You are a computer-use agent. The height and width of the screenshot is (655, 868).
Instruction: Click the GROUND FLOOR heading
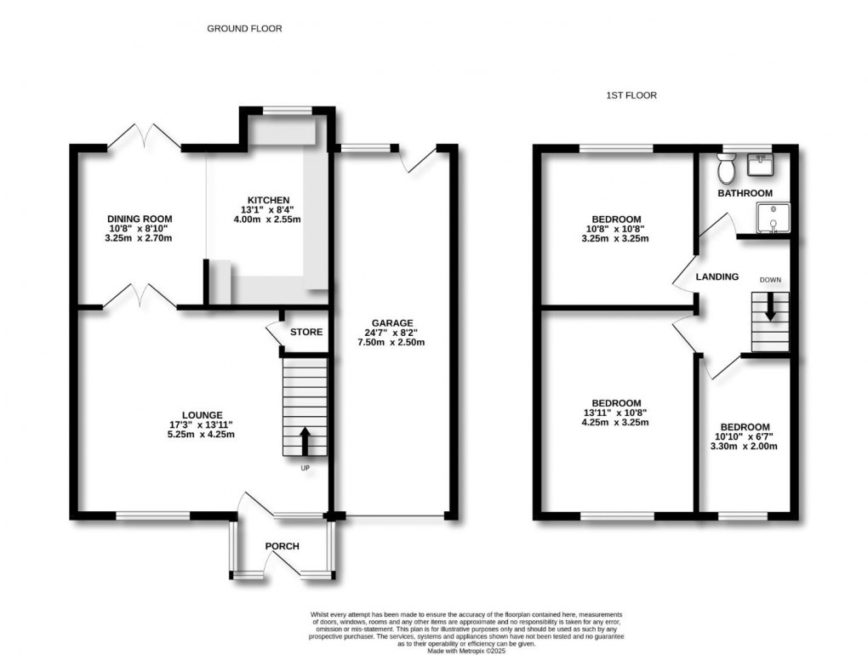pyautogui.click(x=244, y=28)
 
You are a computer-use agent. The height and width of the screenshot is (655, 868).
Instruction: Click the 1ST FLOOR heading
pyautogui.click(x=631, y=95)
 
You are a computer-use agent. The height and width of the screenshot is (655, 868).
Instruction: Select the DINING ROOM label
pyautogui.click(x=140, y=219)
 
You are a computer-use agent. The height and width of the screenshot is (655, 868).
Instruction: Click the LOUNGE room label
pyautogui.click(x=201, y=414)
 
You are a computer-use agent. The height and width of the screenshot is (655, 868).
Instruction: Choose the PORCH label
pyautogui.click(x=283, y=545)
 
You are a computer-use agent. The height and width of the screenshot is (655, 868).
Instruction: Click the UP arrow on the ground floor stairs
pyautogui.click(x=305, y=442)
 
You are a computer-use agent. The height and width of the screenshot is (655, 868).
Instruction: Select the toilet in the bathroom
pyautogui.click(x=726, y=170)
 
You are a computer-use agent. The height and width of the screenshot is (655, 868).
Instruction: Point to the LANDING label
pyautogui.click(x=717, y=277)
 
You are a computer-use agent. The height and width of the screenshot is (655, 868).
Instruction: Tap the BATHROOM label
pyautogui.click(x=744, y=194)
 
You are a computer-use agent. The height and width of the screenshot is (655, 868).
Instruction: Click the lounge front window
pyautogui.click(x=153, y=515)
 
